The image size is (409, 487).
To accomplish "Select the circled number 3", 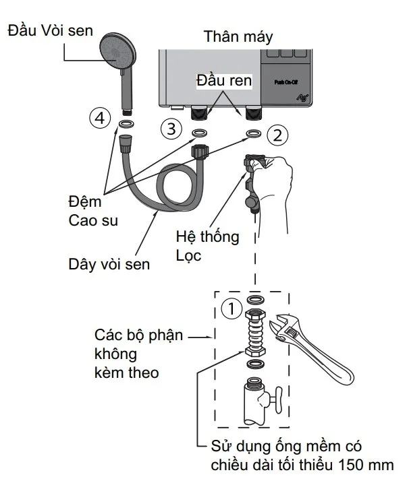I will pos(171,127).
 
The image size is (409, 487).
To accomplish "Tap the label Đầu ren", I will pos(224,82).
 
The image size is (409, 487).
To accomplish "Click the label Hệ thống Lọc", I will pos(207,246).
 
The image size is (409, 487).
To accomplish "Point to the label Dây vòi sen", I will pos(109,263).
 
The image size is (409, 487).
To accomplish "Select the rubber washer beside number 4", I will pos(126,124).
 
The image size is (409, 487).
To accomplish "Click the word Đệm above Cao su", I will pos(84,201).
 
